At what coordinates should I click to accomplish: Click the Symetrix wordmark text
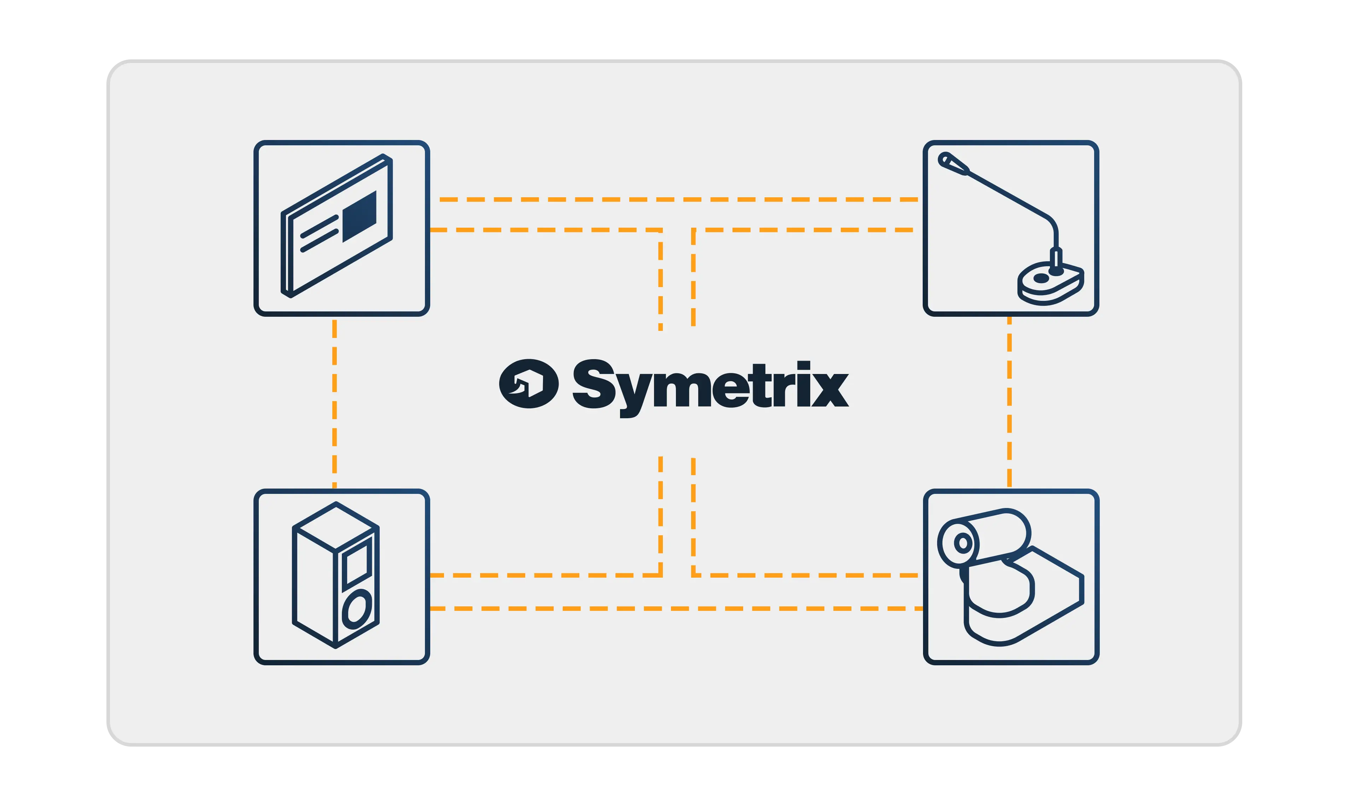710,386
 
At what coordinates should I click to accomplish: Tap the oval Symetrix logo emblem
528,384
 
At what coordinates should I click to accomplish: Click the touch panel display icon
341,228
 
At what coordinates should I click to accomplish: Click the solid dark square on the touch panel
360,216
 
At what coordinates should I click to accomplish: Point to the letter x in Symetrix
830,389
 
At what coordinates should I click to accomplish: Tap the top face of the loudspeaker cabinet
335,526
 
